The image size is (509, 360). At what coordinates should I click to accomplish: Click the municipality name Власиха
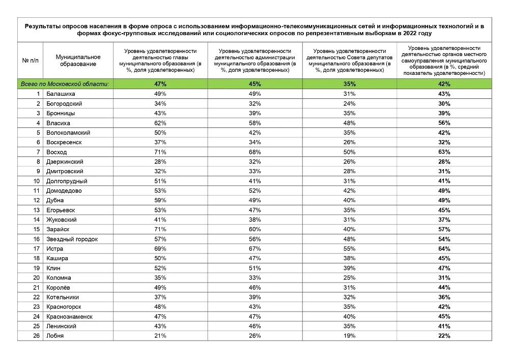58,123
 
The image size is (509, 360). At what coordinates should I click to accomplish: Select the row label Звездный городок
72,239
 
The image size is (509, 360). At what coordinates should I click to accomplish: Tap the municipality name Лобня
55,336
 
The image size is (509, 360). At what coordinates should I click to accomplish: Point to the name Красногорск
64,307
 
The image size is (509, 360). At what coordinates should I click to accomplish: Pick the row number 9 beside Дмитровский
38,172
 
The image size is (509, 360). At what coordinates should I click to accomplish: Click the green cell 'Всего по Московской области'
65,84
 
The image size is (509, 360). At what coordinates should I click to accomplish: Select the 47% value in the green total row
160,84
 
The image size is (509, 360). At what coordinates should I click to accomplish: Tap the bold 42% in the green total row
444,84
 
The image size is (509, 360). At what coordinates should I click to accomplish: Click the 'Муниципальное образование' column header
78,61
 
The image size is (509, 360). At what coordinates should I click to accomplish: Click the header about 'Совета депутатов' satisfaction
349,61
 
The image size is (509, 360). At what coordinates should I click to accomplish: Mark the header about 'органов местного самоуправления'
444,61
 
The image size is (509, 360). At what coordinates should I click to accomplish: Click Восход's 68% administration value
254,152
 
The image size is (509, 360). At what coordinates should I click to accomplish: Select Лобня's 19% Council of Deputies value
349,336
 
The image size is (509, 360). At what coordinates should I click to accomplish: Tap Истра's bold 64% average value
444,249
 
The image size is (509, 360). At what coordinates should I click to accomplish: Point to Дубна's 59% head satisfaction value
160,201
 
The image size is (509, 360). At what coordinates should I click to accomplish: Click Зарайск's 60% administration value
254,230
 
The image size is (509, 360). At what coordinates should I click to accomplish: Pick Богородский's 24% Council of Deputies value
349,104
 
